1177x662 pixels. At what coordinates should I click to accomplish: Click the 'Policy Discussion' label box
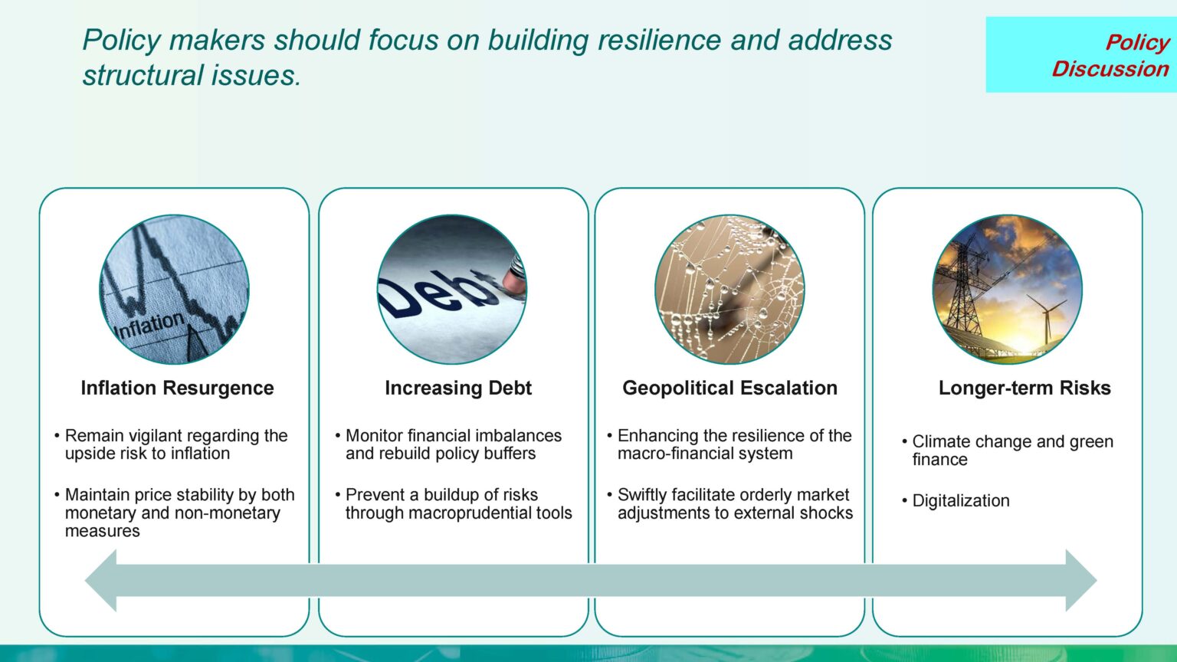click(x=1081, y=54)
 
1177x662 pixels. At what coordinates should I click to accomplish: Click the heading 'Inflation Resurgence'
click(x=177, y=388)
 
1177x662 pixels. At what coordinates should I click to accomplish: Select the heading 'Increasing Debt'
click(x=458, y=388)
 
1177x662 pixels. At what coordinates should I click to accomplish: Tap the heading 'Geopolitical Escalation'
click(x=729, y=388)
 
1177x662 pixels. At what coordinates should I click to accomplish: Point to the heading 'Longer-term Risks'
click(x=1025, y=388)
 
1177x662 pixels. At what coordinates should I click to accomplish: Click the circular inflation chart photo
click(x=175, y=290)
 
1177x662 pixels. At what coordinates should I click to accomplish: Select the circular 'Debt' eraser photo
click(x=452, y=290)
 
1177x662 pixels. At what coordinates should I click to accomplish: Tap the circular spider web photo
click(x=729, y=290)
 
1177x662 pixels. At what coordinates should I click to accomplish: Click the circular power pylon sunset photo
click(x=1008, y=290)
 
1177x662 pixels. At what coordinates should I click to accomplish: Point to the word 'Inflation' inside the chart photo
click(x=149, y=326)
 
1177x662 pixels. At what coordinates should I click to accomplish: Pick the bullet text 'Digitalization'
click(x=960, y=500)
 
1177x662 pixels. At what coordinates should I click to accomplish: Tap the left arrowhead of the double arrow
click(x=101, y=581)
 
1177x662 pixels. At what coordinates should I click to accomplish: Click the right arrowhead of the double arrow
click(x=1081, y=581)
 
